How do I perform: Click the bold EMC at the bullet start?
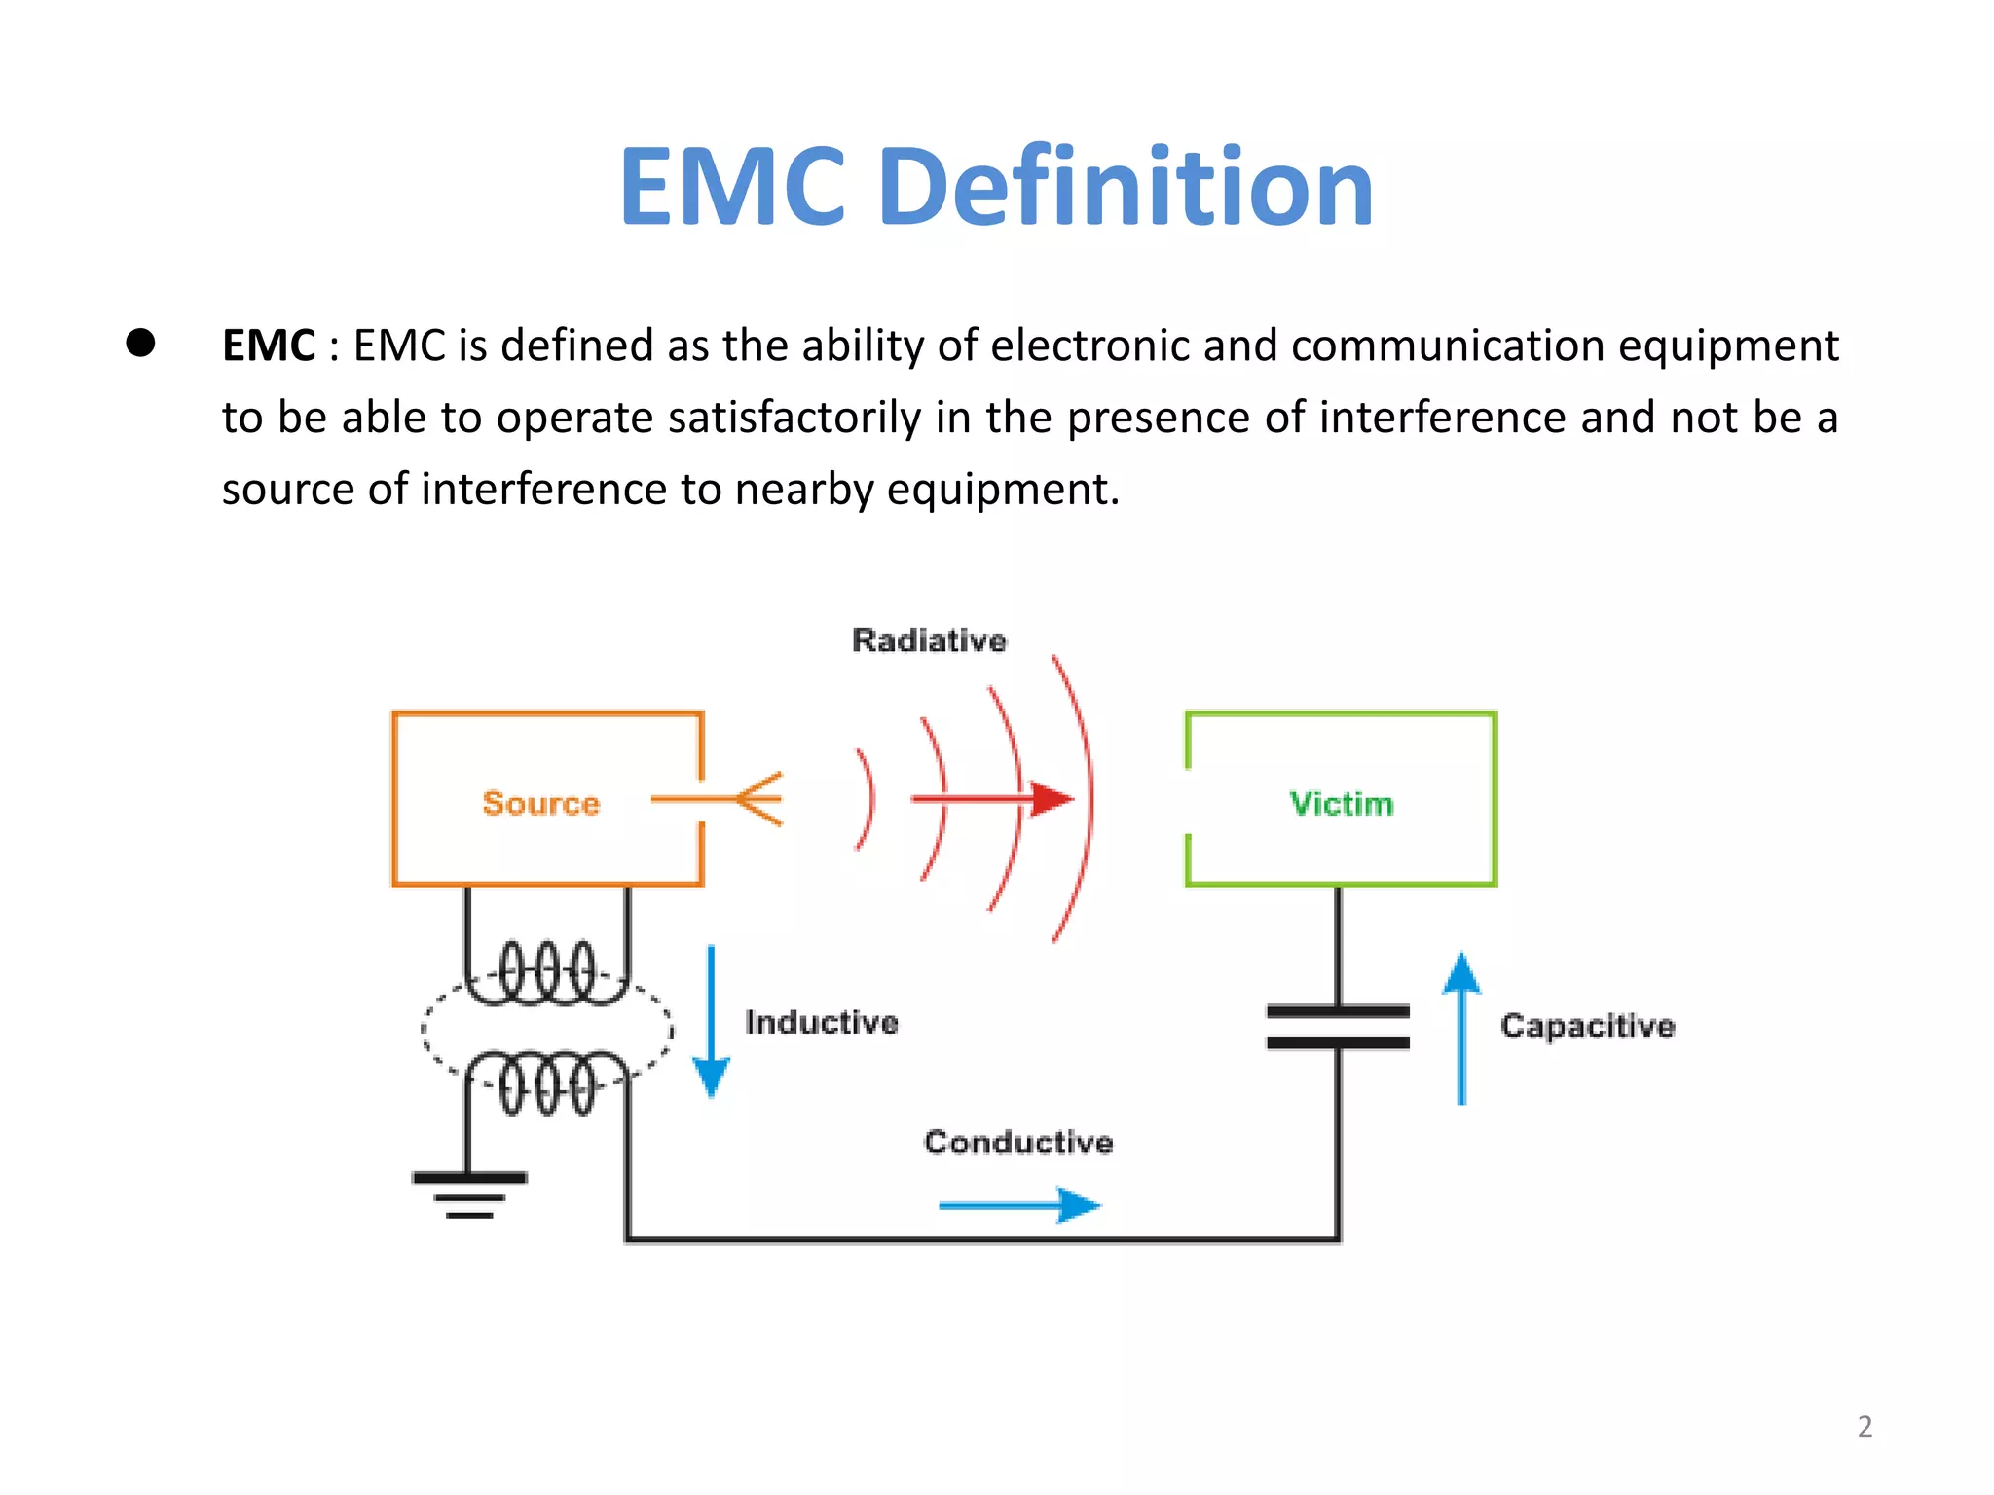268,346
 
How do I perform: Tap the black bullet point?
141,343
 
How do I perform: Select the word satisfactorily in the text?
794,418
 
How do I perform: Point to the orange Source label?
541,803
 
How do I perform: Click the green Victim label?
1341,803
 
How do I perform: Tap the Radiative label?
929,639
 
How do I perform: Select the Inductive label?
821,1022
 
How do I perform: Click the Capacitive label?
1587,1025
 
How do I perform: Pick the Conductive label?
1018,1142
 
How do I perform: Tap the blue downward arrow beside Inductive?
711,1022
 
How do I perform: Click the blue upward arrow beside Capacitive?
1461,1027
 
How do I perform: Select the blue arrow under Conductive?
1018,1205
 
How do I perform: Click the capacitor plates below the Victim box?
1338,1027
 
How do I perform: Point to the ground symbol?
469,1193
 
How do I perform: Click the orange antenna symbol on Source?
756,799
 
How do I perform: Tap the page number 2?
1865,1426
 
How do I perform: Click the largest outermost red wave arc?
1088,798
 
